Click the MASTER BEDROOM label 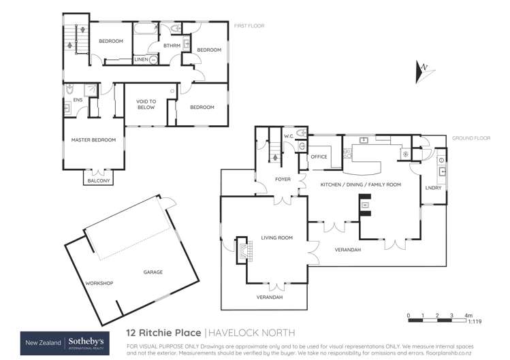(x=94, y=140)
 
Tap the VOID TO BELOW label (x=146, y=104)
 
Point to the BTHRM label (x=171, y=46)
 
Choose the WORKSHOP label (x=99, y=282)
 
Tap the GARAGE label (x=153, y=272)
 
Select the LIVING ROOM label (x=276, y=238)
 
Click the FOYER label (x=283, y=180)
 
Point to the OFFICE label (x=319, y=157)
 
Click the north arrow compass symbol (x=421, y=70)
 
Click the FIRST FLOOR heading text (x=249, y=26)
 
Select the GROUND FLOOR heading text (x=471, y=138)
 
